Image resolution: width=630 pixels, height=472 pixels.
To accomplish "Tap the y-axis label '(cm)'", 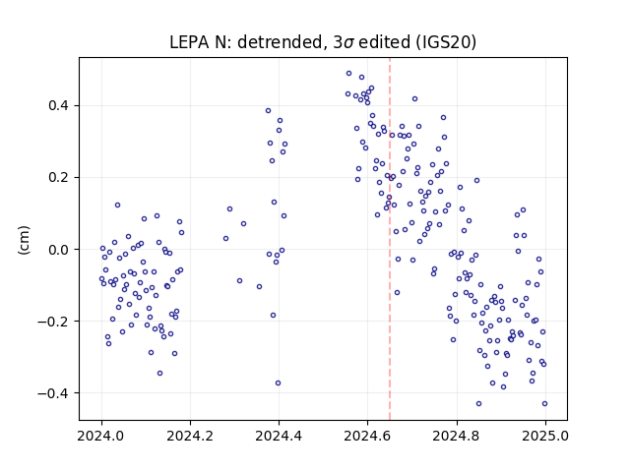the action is click(24, 240).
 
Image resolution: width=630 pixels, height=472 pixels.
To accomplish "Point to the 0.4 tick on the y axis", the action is click(58, 105).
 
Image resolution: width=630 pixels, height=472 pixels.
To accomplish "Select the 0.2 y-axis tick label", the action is click(58, 177).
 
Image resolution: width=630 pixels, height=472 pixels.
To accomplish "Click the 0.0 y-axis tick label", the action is click(58, 249).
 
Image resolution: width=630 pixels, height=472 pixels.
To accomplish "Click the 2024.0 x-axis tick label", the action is click(101, 436).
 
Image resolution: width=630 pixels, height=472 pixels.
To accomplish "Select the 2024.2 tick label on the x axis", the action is click(190, 436).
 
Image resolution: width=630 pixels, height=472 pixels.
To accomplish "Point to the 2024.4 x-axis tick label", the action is click(279, 436).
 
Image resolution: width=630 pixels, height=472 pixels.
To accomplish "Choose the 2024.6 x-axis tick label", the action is click(367, 436).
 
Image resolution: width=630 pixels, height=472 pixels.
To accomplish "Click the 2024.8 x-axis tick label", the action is click(457, 436).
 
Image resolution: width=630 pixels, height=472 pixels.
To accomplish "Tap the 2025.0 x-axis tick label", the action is click(545, 436).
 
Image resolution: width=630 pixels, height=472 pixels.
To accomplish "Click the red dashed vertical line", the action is click(390, 239).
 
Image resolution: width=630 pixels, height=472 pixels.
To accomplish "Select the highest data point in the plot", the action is click(348, 74).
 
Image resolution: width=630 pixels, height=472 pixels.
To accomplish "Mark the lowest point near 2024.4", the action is click(278, 383).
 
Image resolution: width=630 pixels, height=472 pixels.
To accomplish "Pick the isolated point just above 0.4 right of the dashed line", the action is click(415, 98).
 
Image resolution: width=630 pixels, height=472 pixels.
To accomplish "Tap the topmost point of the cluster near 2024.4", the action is click(269, 111).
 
